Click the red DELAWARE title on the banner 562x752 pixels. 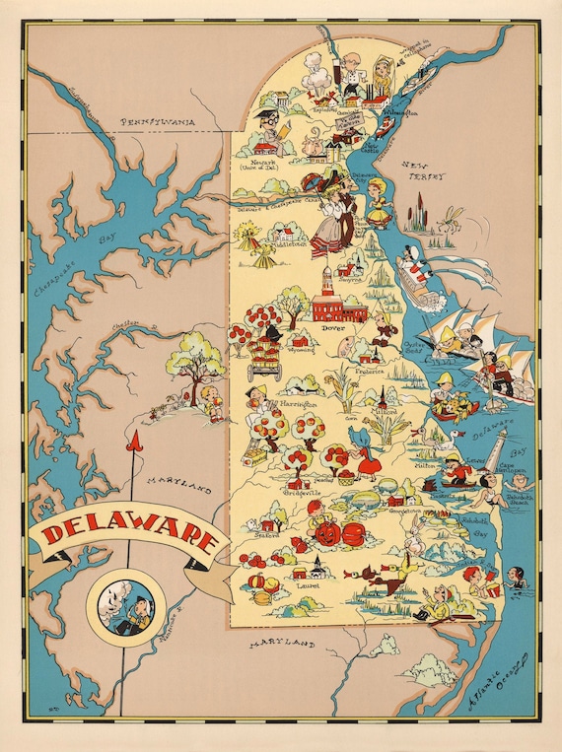(128, 537)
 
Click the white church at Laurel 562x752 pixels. (318, 566)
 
